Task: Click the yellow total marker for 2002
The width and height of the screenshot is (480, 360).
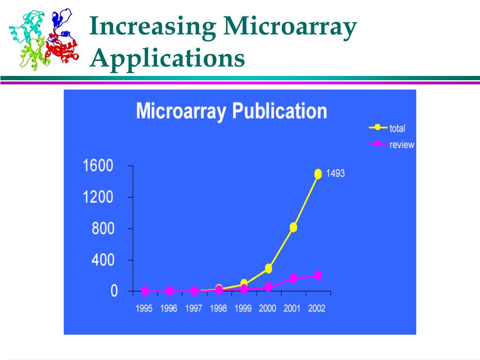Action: tap(318, 174)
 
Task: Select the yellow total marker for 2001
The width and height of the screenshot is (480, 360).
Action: tap(293, 227)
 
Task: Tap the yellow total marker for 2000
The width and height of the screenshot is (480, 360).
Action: tap(269, 269)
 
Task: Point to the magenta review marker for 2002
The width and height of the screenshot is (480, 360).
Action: tap(318, 275)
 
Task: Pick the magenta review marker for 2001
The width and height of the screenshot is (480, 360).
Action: tap(293, 278)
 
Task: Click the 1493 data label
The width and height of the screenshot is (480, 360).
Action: tap(335, 173)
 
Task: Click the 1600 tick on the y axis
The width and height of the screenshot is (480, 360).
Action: tap(98, 166)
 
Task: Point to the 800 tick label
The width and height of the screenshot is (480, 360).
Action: tap(103, 229)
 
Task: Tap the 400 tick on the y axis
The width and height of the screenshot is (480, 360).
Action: tap(103, 260)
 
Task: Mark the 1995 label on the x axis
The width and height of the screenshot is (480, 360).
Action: tap(144, 309)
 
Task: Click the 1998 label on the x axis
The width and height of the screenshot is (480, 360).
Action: tap(218, 309)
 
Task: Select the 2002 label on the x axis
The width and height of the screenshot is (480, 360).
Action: tap(317, 309)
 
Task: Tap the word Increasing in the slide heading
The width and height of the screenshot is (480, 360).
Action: tap(153, 27)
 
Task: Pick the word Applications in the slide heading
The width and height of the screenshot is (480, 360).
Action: tap(168, 59)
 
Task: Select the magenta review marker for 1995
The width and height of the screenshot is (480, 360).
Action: tap(145, 291)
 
